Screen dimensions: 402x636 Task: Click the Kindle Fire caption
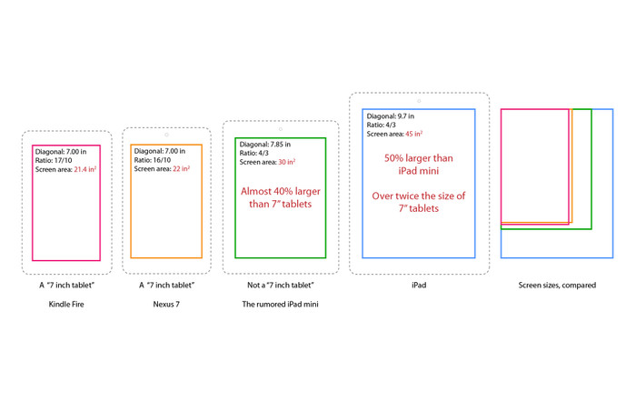66,305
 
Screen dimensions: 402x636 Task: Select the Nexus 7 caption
165,305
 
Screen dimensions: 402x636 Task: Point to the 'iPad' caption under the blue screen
419,285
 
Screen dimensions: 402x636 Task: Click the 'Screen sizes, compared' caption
557,285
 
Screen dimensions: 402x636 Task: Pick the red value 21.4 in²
85,170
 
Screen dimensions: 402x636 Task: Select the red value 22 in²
181,169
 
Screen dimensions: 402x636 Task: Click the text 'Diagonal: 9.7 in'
391,116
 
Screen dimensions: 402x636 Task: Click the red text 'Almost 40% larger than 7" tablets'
280,197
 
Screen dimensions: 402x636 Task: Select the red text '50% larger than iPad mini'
419,164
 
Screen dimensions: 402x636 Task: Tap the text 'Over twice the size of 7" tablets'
419,202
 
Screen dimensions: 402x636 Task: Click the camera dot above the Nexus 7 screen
166,135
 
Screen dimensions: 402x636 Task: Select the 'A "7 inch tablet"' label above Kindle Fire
66,285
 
